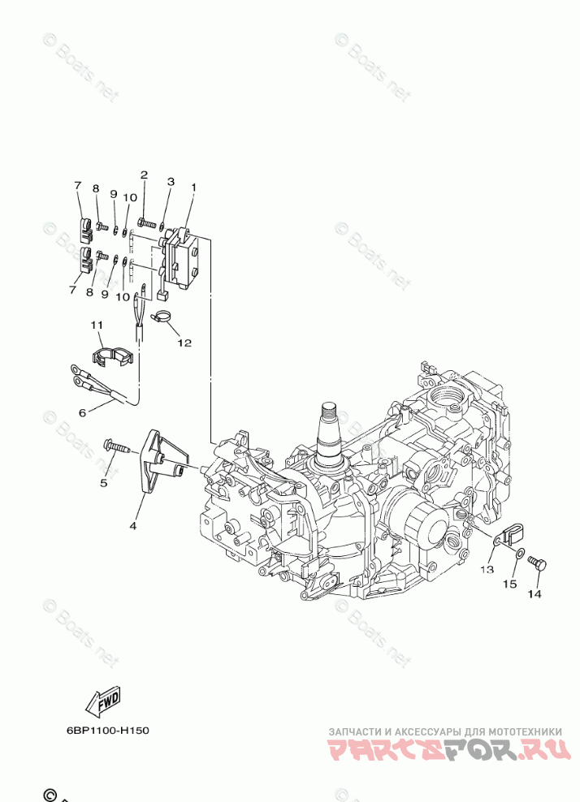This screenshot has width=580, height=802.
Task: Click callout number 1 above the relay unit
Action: point(193,188)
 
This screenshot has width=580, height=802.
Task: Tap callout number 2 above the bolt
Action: point(144,175)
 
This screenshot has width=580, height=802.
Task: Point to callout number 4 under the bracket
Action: point(132,525)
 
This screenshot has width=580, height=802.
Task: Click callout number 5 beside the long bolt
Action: point(103,484)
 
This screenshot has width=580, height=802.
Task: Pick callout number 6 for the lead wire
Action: point(82,412)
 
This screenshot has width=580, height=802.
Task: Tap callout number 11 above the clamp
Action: point(97,325)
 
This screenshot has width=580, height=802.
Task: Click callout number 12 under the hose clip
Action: point(184,343)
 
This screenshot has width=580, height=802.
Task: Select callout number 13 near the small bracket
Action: point(485,570)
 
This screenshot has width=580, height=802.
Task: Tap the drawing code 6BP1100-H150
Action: point(108,730)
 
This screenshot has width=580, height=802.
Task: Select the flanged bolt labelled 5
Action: point(117,446)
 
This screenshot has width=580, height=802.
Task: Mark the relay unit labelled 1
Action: point(184,258)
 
